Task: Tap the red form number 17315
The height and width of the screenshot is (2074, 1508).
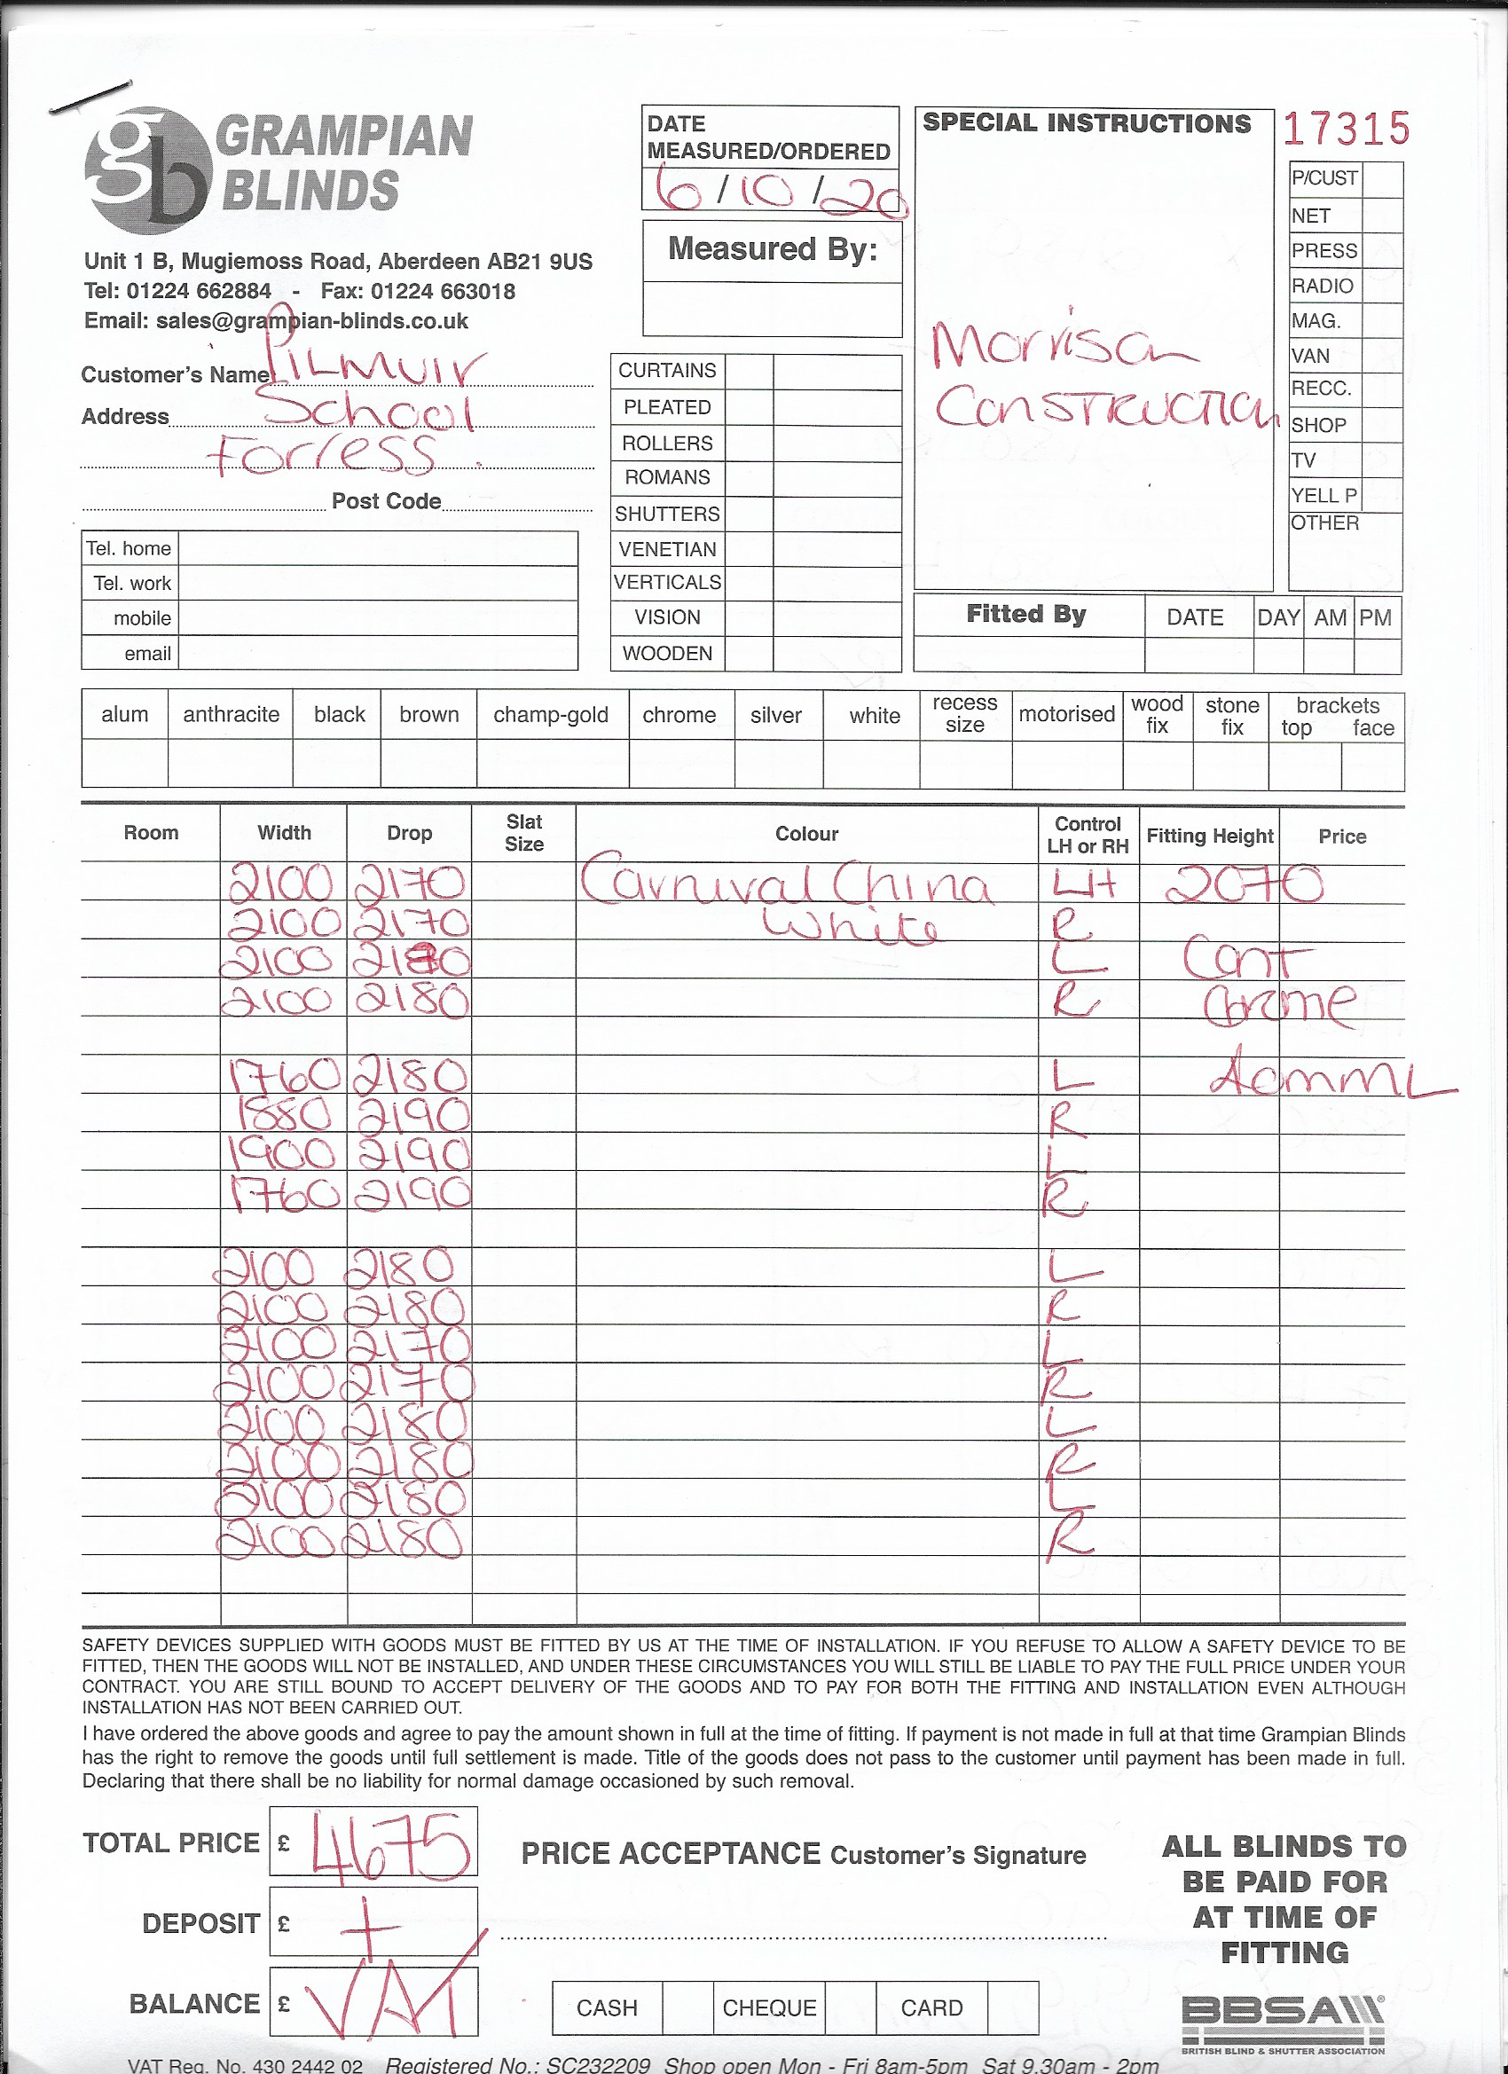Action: (x=1347, y=129)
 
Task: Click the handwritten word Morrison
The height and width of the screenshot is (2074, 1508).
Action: (x=1061, y=344)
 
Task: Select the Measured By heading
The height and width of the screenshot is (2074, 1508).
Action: (x=772, y=248)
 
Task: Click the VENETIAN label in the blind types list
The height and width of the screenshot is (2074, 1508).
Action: (x=667, y=549)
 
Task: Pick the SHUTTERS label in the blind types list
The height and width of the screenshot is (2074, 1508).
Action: (x=667, y=514)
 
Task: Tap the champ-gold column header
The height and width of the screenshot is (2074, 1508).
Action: (x=551, y=715)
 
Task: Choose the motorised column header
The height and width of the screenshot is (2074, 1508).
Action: (x=1066, y=714)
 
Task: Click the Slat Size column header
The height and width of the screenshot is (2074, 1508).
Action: (x=524, y=833)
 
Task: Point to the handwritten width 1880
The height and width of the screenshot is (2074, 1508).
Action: (x=284, y=1116)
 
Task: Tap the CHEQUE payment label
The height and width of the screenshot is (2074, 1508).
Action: (x=769, y=2007)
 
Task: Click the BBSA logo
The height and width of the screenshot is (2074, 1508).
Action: (x=1282, y=2020)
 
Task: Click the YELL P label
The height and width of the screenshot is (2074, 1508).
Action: (x=1323, y=496)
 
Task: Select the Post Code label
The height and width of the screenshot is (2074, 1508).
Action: (x=386, y=501)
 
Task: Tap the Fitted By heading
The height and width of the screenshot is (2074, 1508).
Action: (x=1026, y=614)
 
